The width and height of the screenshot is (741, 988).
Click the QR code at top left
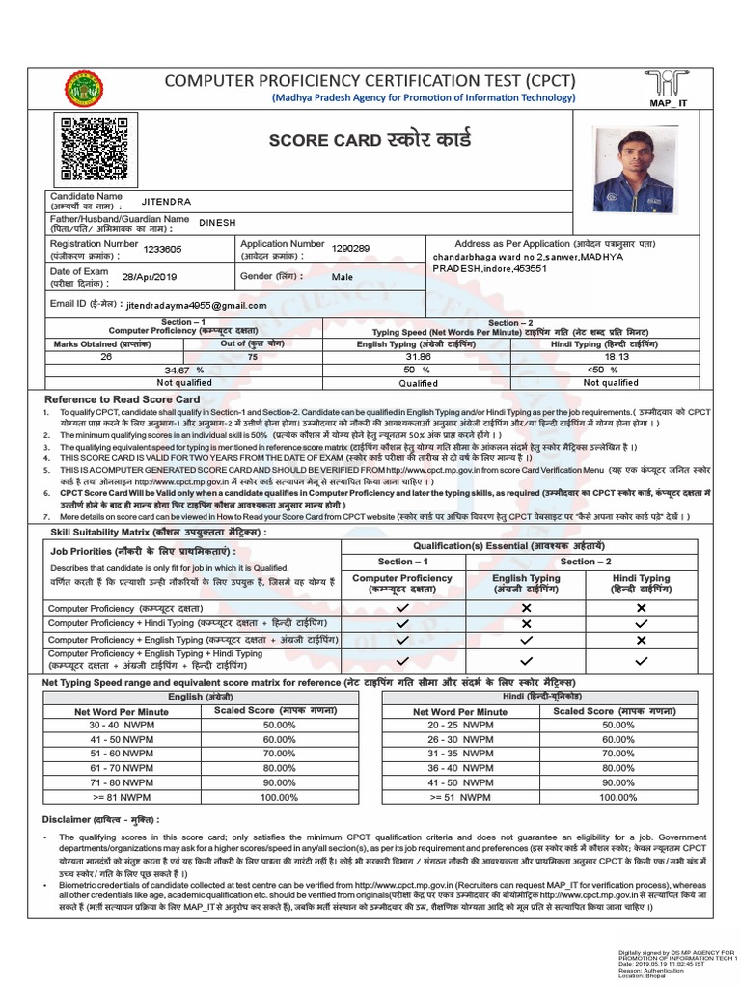(92, 145)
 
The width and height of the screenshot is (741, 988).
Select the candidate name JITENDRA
(166, 201)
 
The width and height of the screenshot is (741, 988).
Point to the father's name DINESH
(217, 223)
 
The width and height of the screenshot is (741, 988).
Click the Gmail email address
(182, 305)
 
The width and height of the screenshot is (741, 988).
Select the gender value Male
(343, 276)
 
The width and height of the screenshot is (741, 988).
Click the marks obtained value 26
(106, 356)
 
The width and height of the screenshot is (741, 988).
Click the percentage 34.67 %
(184, 370)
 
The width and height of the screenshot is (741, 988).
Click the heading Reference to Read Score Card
(123, 399)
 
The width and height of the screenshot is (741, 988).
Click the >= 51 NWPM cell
(460, 797)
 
